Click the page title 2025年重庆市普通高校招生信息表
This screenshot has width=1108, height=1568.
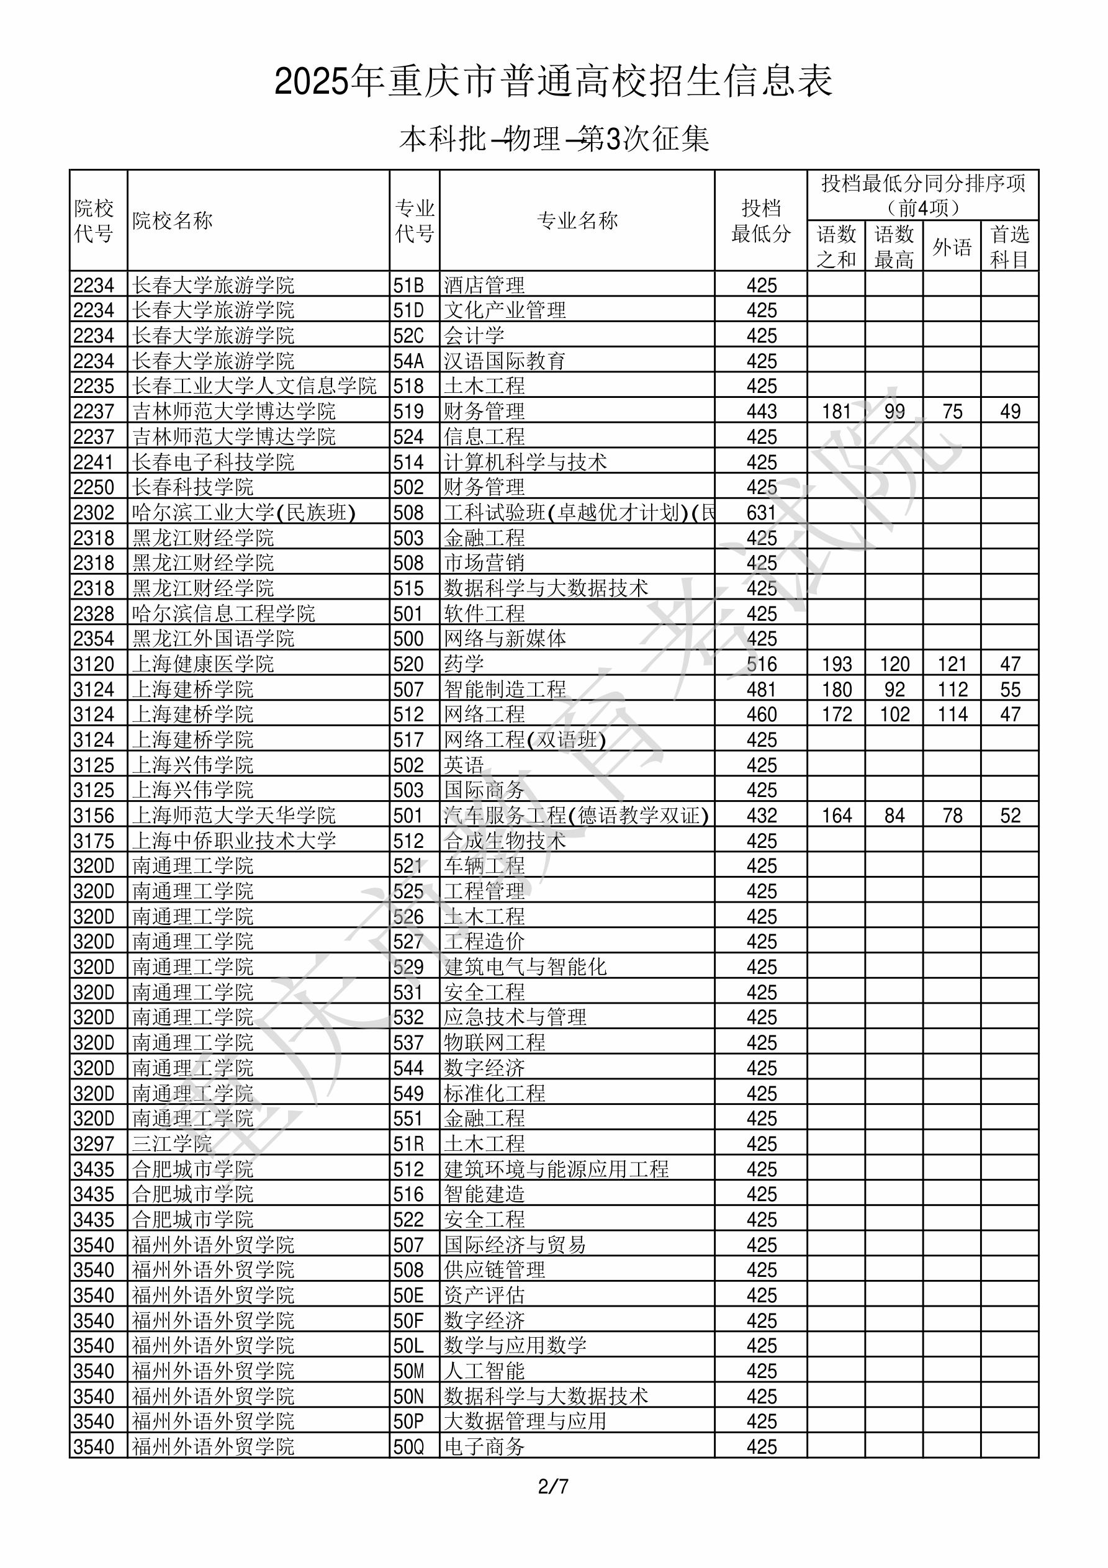(x=553, y=81)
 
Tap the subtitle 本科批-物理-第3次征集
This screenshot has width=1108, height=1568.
(x=554, y=138)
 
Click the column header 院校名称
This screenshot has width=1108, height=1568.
(x=173, y=220)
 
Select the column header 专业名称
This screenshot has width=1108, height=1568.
(x=577, y=220)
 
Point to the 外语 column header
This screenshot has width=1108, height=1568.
(x=952, y=246)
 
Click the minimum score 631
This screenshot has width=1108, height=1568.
(x=761, y=512)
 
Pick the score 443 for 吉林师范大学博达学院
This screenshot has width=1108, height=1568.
(x=761, y=411)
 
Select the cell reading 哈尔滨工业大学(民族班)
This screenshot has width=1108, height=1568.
(x=244, y=512)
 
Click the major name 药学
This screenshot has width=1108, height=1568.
(x=464, y=664)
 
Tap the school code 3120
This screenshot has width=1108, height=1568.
(x=94, y=664)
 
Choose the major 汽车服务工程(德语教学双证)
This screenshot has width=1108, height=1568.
(x=576, y=816)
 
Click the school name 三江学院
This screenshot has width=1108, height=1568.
(x=172, y=1144)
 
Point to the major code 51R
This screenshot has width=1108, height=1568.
(x=408, y=1144)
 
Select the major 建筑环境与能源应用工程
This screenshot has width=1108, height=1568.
(x=556, y=1169)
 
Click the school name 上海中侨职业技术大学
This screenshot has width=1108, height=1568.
(x=233, y=840)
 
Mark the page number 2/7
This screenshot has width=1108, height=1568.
(x=553, y=1487)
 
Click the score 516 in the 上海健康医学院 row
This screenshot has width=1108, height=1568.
(x=761, y=664)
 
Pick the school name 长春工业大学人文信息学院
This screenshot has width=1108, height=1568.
(x=254, y=386)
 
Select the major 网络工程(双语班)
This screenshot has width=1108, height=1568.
(x=525, y=739)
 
